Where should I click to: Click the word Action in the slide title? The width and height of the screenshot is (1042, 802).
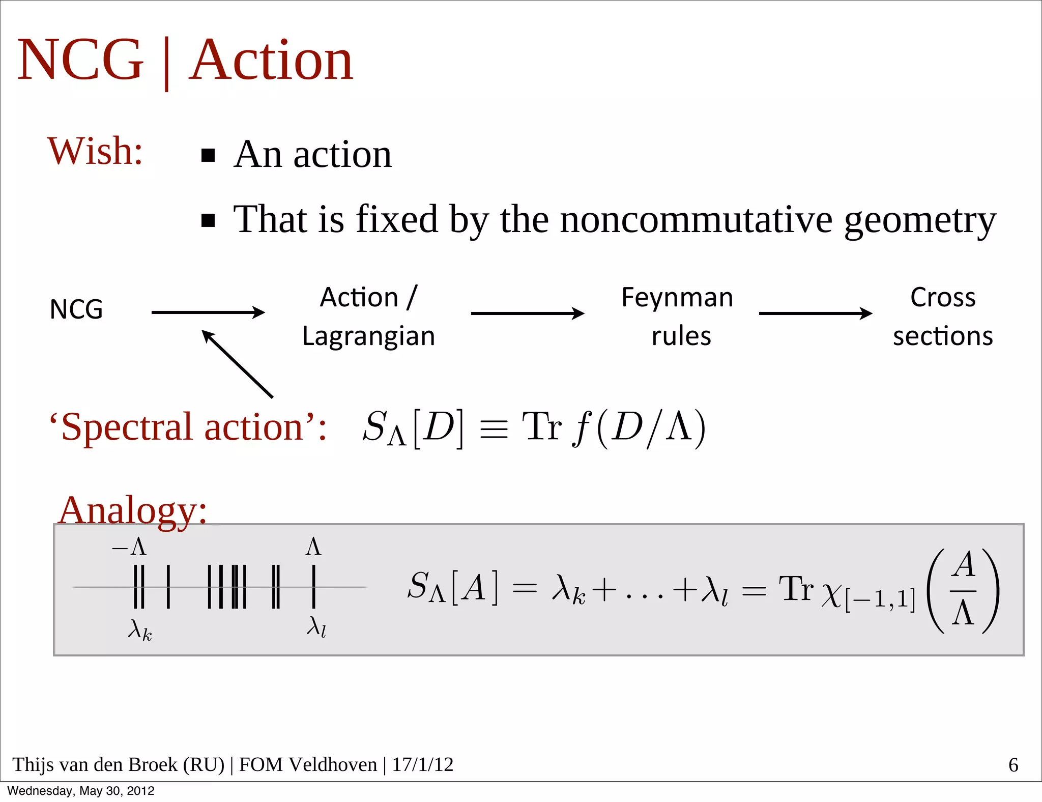pyautogui.click(x=271, y=61)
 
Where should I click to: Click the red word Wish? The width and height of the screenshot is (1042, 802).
pyautogui.click(x=95, y=152)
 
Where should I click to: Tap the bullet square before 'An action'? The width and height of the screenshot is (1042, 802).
pyautogui.click(x=208, y=155)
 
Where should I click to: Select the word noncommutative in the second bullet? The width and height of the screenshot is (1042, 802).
pyautogui.click(x=696, y=220)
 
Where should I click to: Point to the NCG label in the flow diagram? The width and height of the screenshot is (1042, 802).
pyautogui.click(x=76, y=309)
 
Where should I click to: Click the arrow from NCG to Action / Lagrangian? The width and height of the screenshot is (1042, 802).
pyautogui.click(x=208, y=312)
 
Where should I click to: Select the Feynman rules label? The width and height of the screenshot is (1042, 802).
pyautogui.click(x=678, y=316)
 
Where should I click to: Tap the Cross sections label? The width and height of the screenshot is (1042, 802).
pyautogui.click(x=943, y=316)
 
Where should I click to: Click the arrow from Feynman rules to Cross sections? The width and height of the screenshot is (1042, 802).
pyautogui.click(x=815, y=313)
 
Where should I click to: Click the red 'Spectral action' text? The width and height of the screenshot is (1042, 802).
pyautogui.click(x=188, y=427)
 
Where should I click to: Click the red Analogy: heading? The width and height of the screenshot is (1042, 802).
pyautogui.click(x=133, y=510)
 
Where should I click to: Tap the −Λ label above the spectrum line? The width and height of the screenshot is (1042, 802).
pyautogui.click(x=130, y=548)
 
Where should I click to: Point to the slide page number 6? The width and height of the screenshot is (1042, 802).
pyautogui.click(x=1013, y=765)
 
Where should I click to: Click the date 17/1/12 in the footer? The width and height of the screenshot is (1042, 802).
pyautogui.click(x=422, y=764)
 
